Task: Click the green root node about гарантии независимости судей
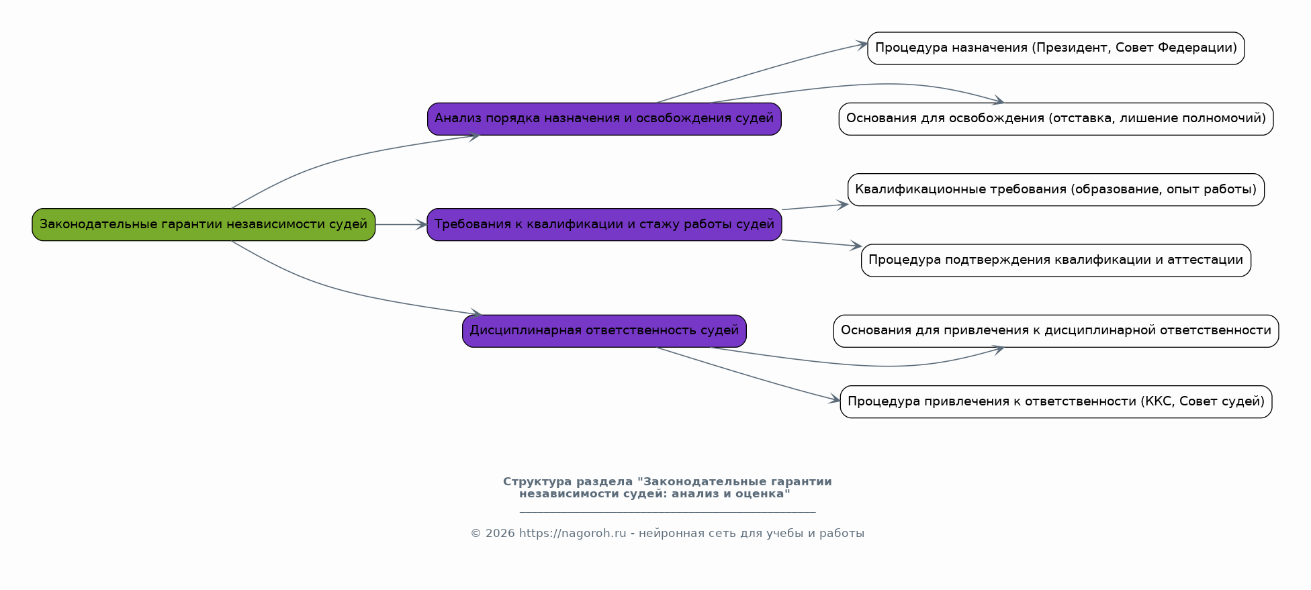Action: click(204, 224)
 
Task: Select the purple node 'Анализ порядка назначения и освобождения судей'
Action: click(604, 119)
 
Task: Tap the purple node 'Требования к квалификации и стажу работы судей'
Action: click(604, 224)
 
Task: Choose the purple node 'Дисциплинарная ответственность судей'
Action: click(604, 331)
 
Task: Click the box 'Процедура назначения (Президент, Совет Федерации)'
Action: click(1056, 48)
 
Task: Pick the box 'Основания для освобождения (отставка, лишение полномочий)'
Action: click(1056, 119)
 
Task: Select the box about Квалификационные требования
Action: click(1056, 189)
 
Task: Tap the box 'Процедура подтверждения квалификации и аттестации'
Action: click(1056, 260)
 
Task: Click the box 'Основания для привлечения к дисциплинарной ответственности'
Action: click(1056, 331)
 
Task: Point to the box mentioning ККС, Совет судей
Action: click(1056, 401)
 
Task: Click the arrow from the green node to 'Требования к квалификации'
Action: click(401, 225)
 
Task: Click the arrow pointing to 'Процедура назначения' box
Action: click(766, 70)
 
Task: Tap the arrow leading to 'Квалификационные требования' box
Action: click(815, 207)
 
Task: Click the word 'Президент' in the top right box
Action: click(1071, 48)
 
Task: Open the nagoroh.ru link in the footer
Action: click(572, 534)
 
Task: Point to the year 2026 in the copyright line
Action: click(500, 534)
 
